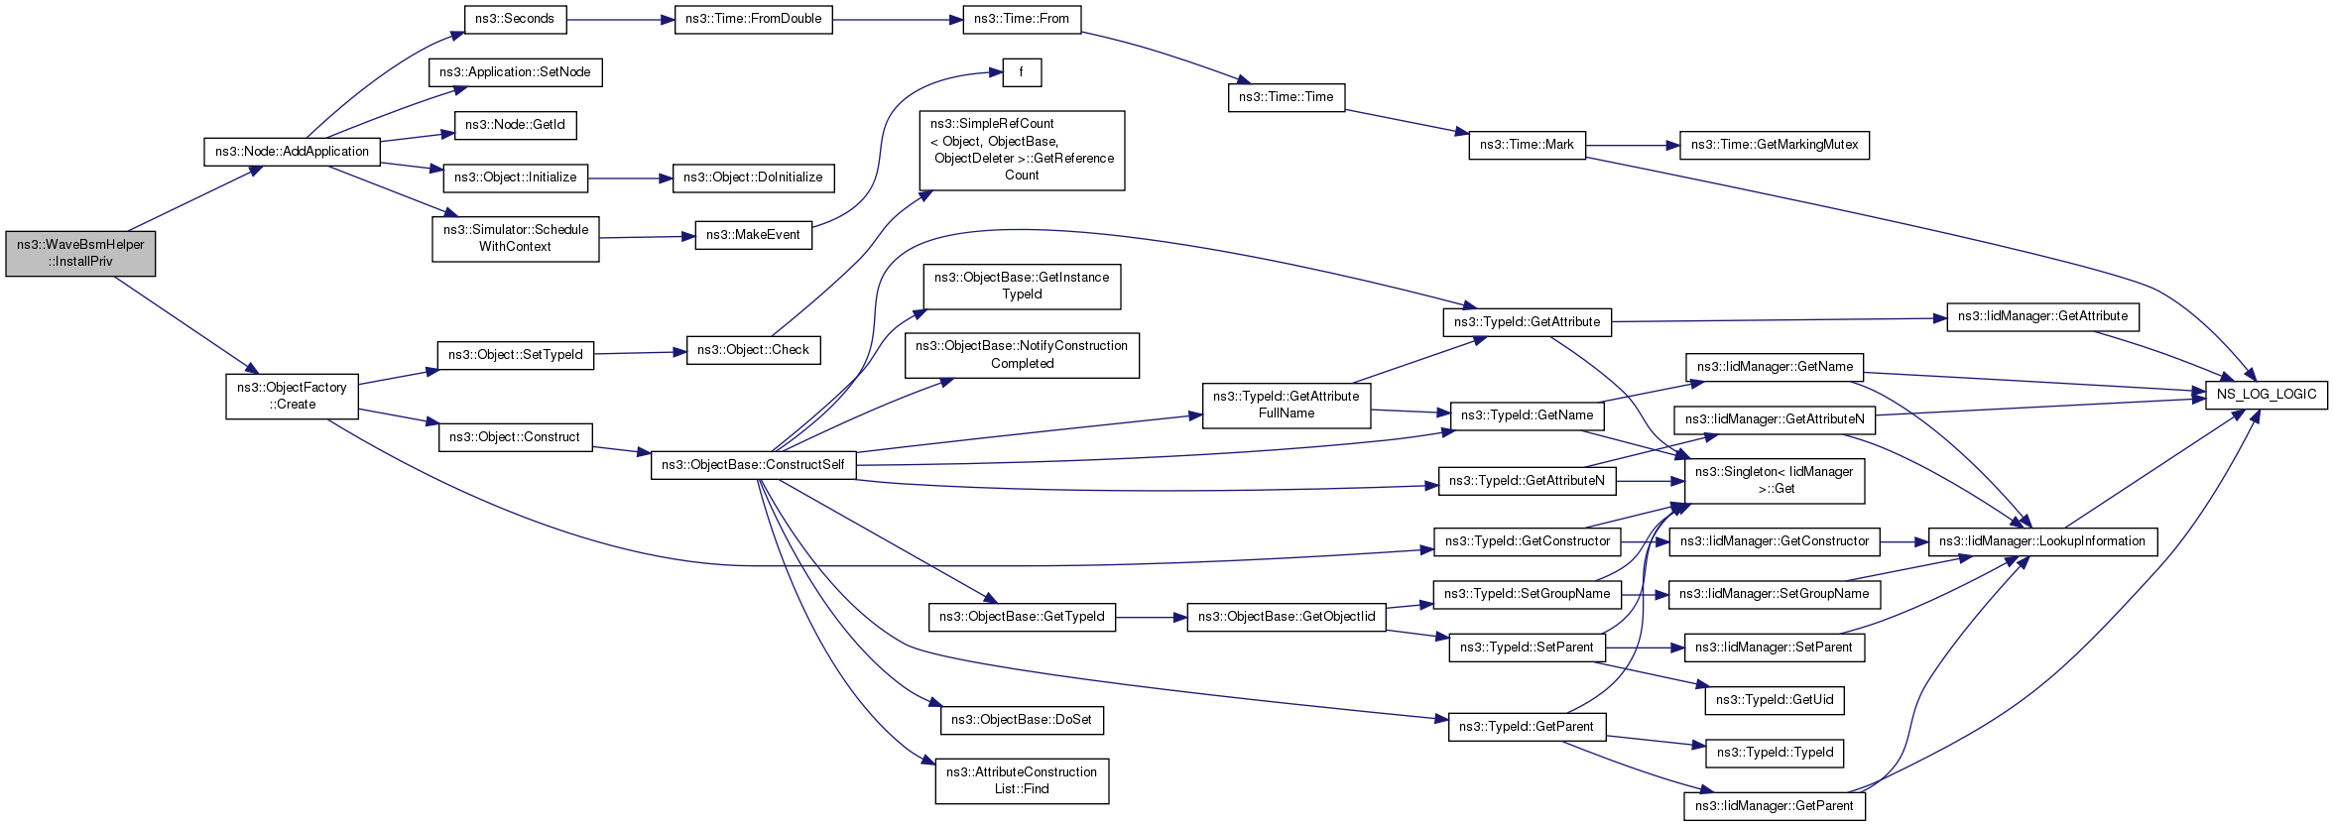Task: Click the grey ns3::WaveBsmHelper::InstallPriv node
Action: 80,254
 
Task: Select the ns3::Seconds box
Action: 515,19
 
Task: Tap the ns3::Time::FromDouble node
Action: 753,19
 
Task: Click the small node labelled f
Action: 1022,72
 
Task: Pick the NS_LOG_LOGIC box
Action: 2266,394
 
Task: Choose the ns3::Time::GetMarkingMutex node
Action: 1774,145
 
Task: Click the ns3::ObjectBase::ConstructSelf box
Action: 753,465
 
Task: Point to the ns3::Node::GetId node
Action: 515,125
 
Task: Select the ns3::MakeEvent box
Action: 753,235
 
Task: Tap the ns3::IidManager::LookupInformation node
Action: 2042,541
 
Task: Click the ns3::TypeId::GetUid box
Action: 1775,700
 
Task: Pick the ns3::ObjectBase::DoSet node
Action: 1022,720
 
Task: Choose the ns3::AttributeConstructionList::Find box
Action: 1022,781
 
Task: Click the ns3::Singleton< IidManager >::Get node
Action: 1775,481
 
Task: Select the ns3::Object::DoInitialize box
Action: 753,177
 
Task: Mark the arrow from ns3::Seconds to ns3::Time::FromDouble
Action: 620,19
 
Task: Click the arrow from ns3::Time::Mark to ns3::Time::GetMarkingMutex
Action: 1633,145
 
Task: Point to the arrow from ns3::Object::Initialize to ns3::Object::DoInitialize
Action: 631,178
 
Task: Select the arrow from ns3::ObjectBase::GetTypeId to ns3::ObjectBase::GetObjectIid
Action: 1151,618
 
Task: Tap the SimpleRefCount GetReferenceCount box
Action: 1022,151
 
